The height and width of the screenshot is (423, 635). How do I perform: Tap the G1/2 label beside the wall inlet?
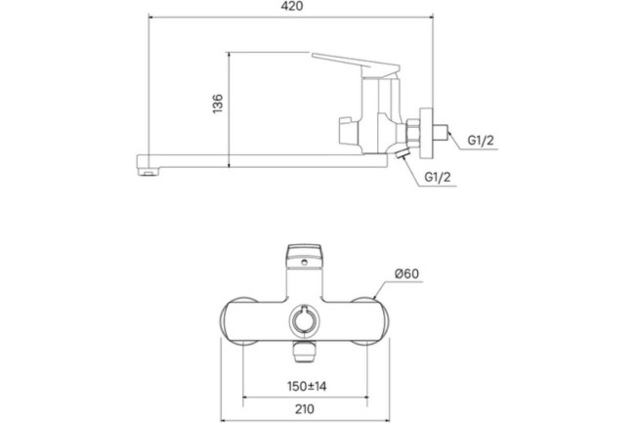click(481, 140)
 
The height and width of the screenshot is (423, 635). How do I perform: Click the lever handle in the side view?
click(352, 64)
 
